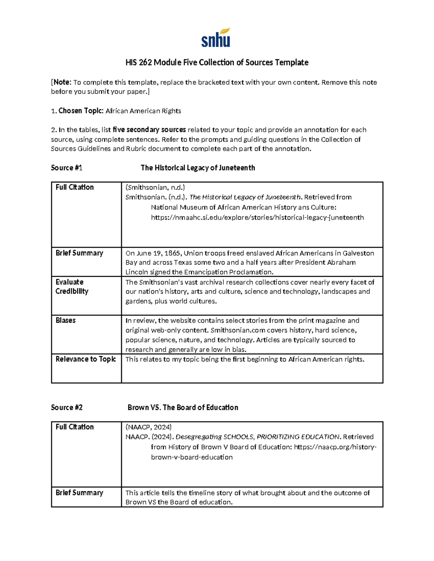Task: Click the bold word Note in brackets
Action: [x=61, y=82]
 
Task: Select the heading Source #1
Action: [x=67, y=168]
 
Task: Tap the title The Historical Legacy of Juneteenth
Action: [x=197, y=168]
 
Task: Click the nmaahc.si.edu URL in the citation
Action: [x=257, y=217]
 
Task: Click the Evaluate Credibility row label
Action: [x=72, y=286]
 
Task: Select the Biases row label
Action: [x=65, y=320]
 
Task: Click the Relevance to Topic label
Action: [x=85, y=359]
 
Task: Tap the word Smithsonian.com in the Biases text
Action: [x=235, y=330]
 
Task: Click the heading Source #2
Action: [x=67, y=407]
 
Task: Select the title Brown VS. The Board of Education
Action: [x=183, y=407]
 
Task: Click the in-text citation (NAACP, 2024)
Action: [x=148, y=427]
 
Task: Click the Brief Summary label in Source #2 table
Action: [x=79, y=493]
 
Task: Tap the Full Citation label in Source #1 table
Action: [x=75, y=187]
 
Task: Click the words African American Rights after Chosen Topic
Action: [x=143, y=111]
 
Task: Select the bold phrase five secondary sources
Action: [x=149, y=130]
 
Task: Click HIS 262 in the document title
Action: [x=139, y=62]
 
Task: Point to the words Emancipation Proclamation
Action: [x=228, y=272]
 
